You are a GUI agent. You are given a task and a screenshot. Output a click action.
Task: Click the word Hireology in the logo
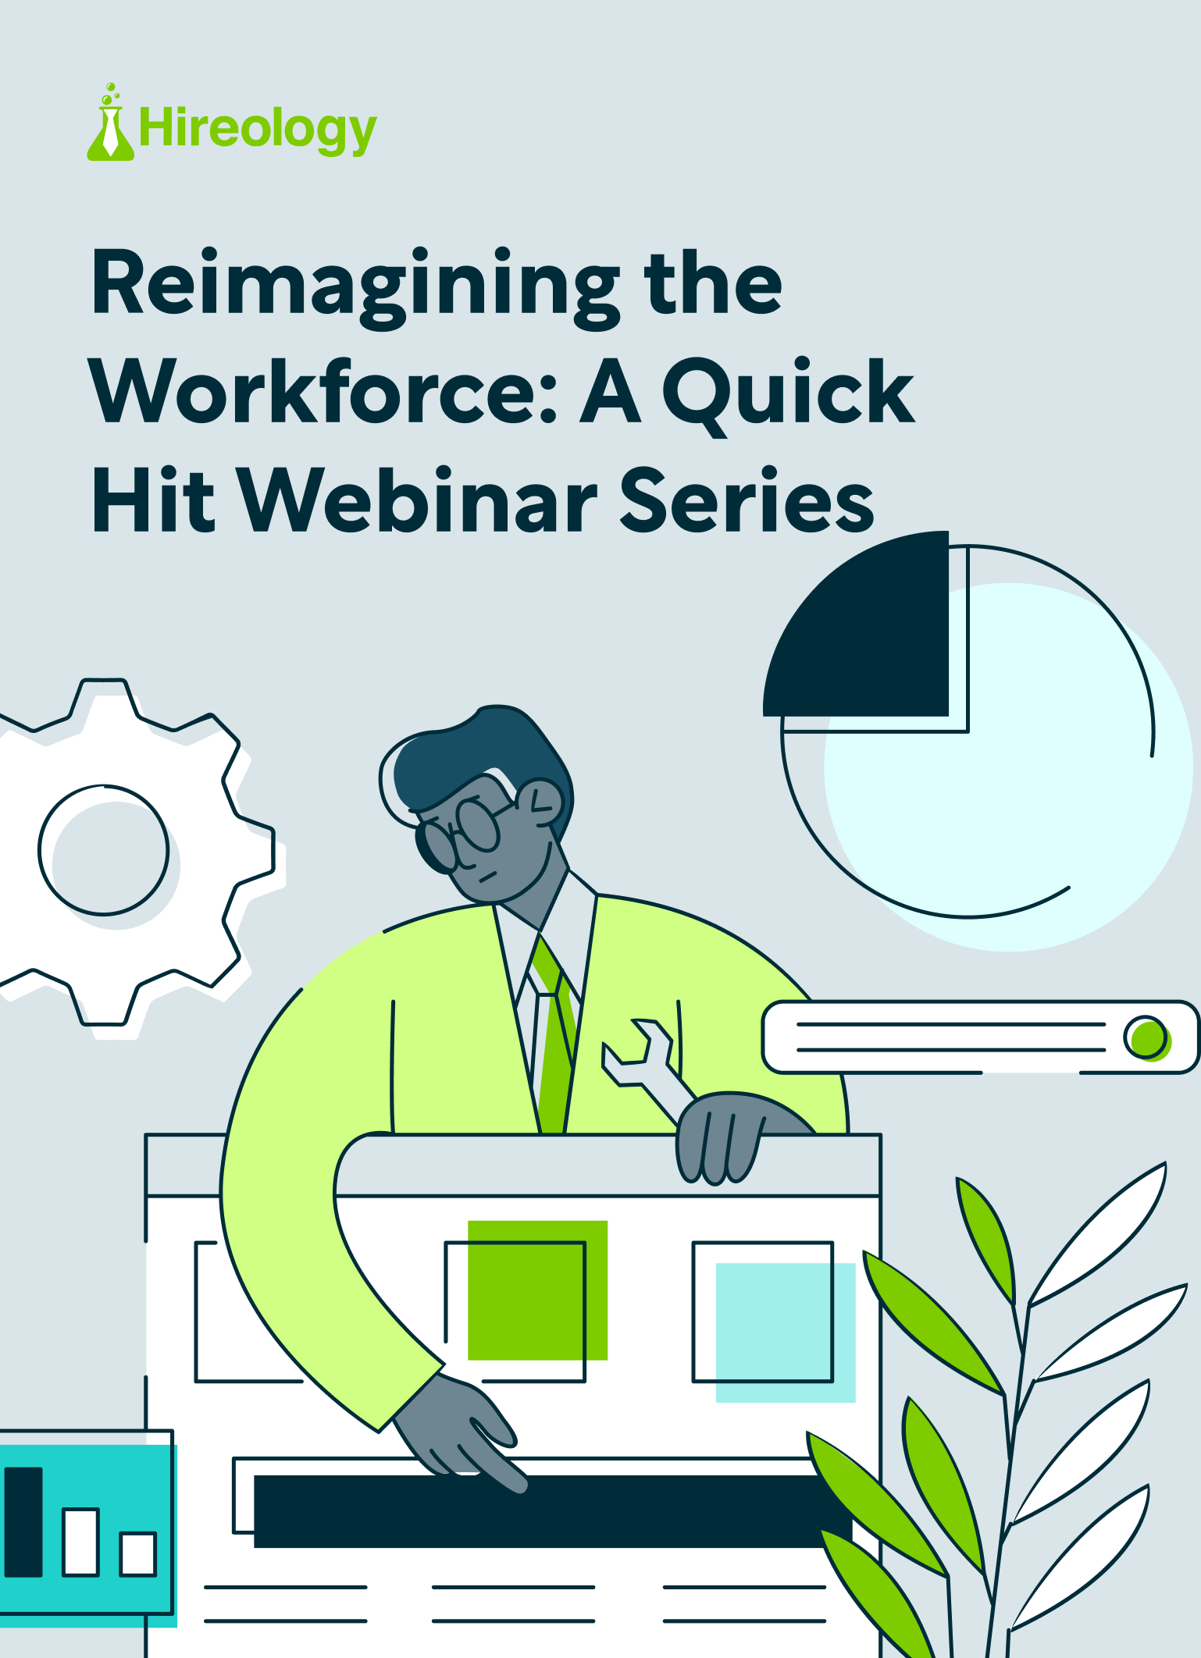[x=258, y=130]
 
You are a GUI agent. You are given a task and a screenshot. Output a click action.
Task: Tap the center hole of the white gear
[x=103, y=849]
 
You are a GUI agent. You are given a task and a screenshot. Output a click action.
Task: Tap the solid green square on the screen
[x=537, y=1290]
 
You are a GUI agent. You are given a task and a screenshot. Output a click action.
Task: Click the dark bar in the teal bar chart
[x=23, y=1522]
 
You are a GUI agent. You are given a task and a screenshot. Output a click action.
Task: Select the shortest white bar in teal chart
[x=138, y=1553]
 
